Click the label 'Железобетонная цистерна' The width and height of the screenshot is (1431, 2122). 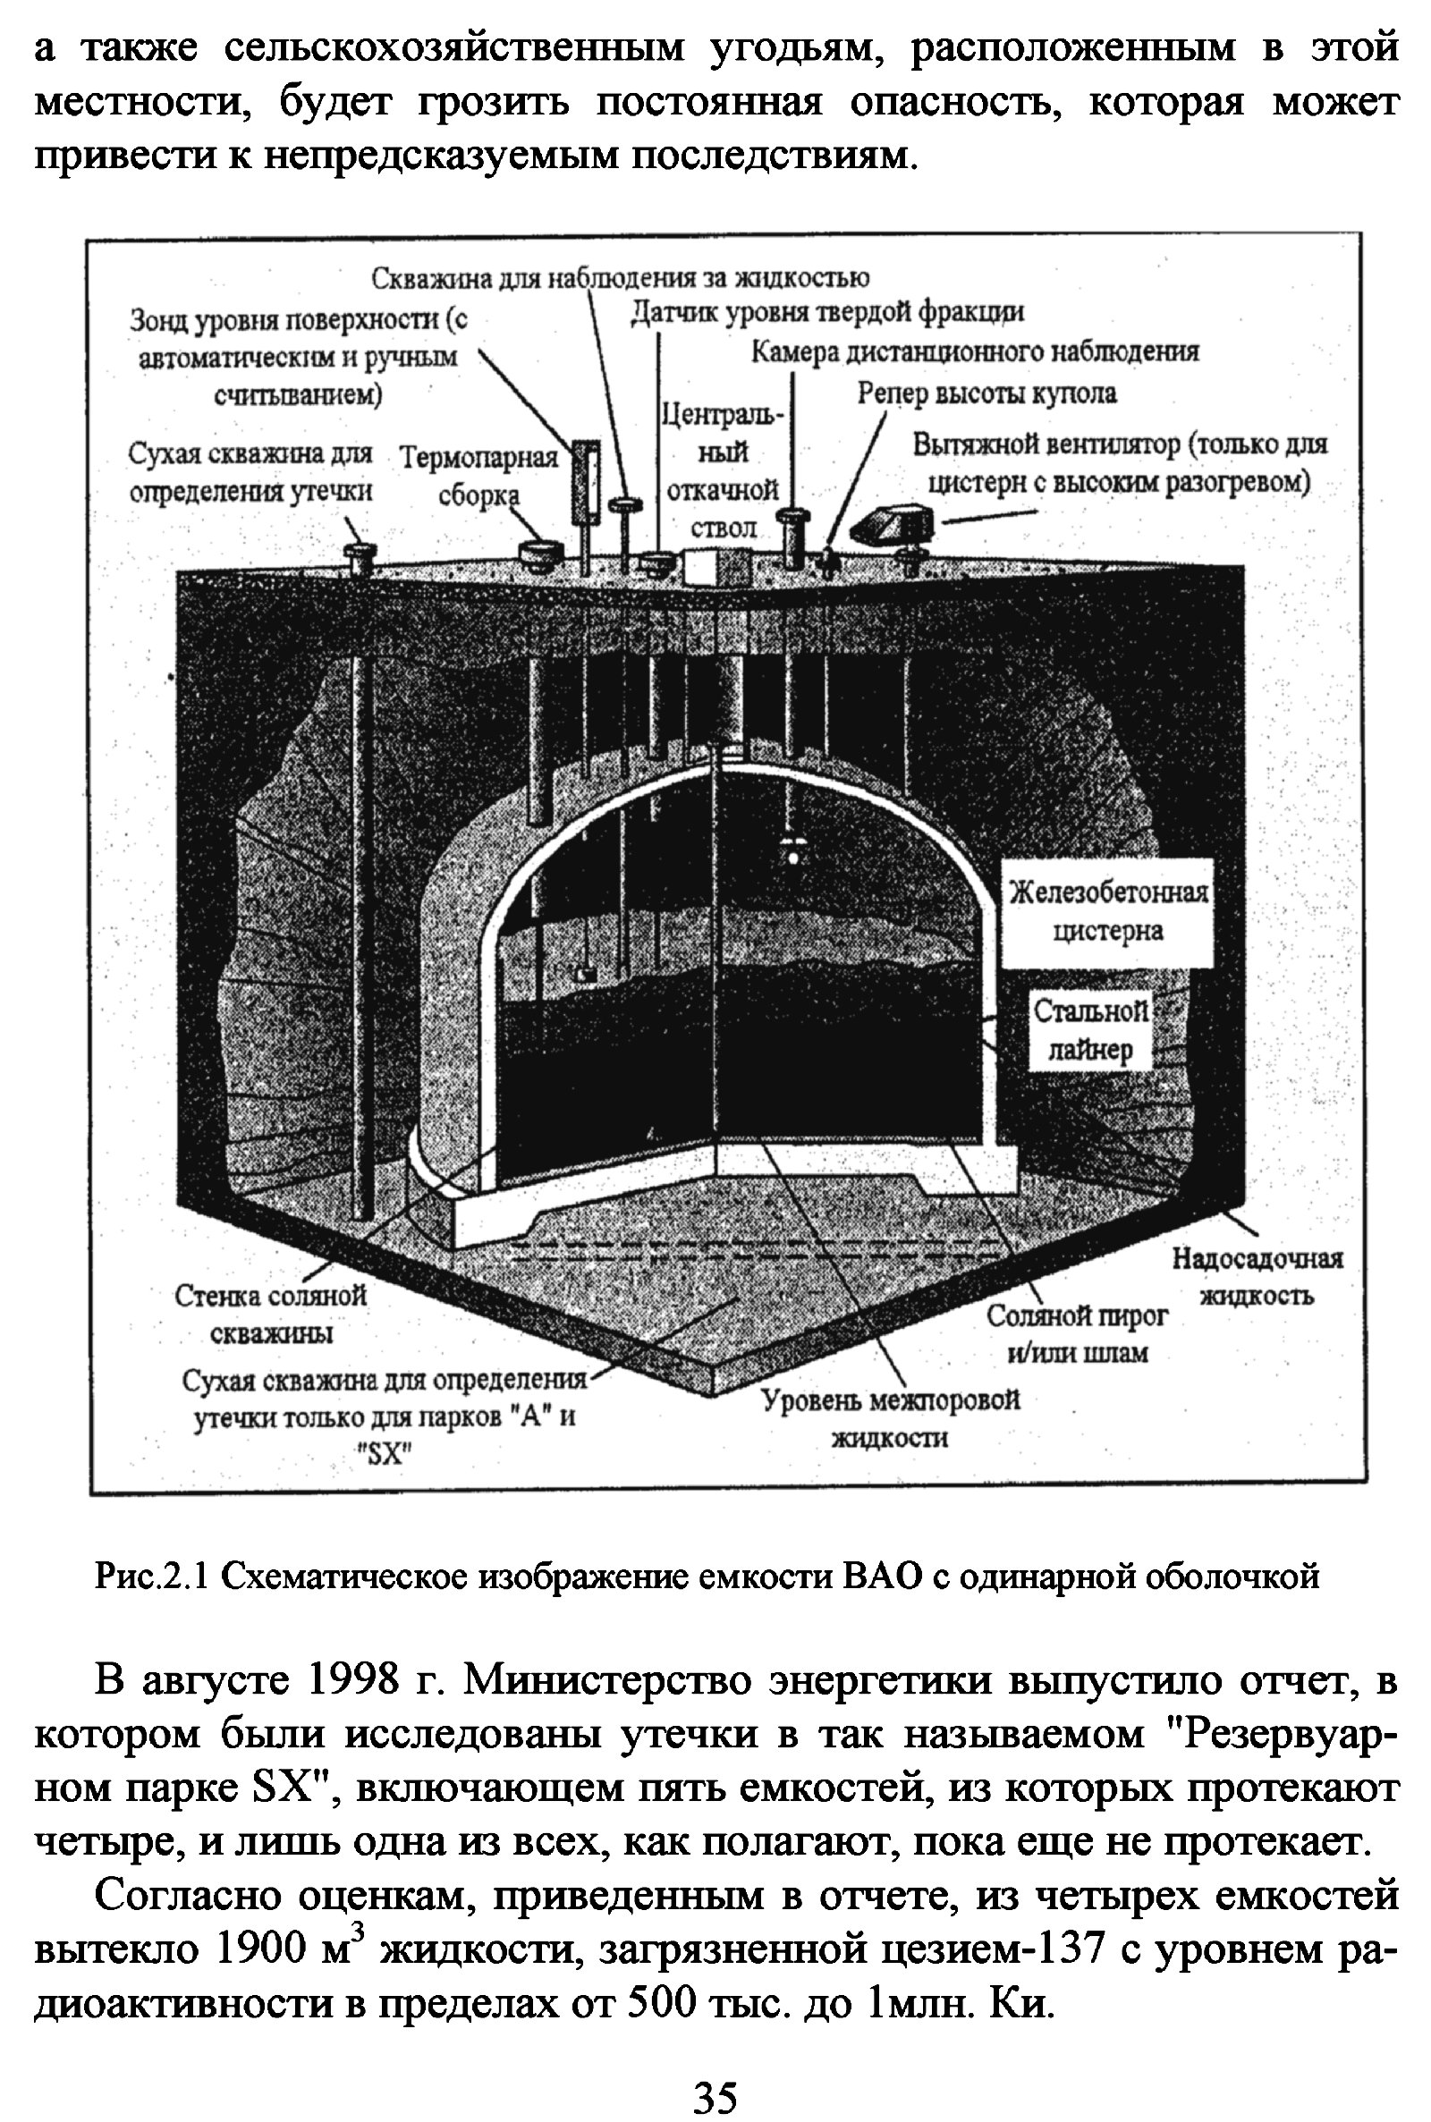click(1107, 911)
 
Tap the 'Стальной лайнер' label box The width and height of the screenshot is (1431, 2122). click(1089, 1030)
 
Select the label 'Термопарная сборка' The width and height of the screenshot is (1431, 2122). click(479, 476)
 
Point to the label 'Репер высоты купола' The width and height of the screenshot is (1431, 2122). click(986, 393)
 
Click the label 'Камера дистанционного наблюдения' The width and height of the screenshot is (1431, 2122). click(974, 352)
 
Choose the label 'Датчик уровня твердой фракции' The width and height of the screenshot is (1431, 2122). click(828, 313)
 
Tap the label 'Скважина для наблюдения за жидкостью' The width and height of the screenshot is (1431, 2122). click(621, 276)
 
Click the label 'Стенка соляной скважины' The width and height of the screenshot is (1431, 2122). click(271, 1314)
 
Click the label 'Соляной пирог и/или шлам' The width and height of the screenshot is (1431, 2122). click(1077, 1334)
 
